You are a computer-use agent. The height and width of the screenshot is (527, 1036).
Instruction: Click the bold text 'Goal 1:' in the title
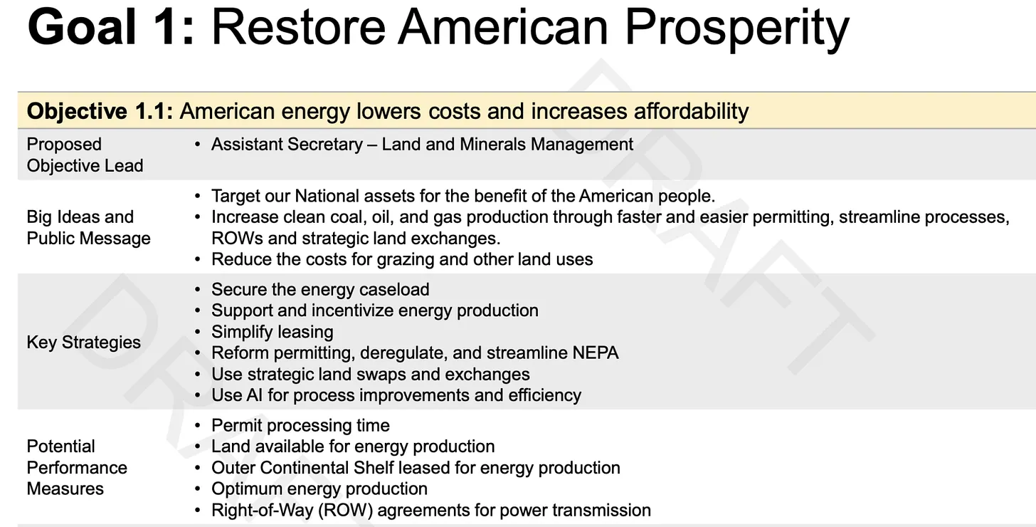(110, 27)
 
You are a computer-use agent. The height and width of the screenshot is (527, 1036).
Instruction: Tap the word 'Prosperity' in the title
(736, 31)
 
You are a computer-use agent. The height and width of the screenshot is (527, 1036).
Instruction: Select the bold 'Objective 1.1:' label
(100, 111)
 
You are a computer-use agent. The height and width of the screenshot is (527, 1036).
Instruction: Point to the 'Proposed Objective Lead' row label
(85, 155)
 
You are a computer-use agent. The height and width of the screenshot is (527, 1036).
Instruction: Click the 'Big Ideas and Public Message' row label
(88, 227)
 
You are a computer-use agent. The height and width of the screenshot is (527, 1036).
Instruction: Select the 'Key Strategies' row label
(84, 343)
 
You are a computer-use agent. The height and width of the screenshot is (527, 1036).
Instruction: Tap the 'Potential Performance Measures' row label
(77, 467)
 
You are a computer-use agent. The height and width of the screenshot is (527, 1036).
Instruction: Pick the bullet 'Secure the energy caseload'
(320, 289)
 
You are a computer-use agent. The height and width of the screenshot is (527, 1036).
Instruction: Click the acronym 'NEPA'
(596, 353)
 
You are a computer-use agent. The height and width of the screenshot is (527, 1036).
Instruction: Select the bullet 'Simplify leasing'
(273, 332)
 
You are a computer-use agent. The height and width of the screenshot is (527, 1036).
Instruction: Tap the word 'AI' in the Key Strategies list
(255, 395)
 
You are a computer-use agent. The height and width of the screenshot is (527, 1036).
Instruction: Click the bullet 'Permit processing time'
(300, 425)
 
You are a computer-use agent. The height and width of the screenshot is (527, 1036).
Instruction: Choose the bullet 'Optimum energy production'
(319, 489)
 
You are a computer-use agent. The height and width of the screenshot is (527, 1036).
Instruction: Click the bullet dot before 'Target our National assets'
(198, 197)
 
